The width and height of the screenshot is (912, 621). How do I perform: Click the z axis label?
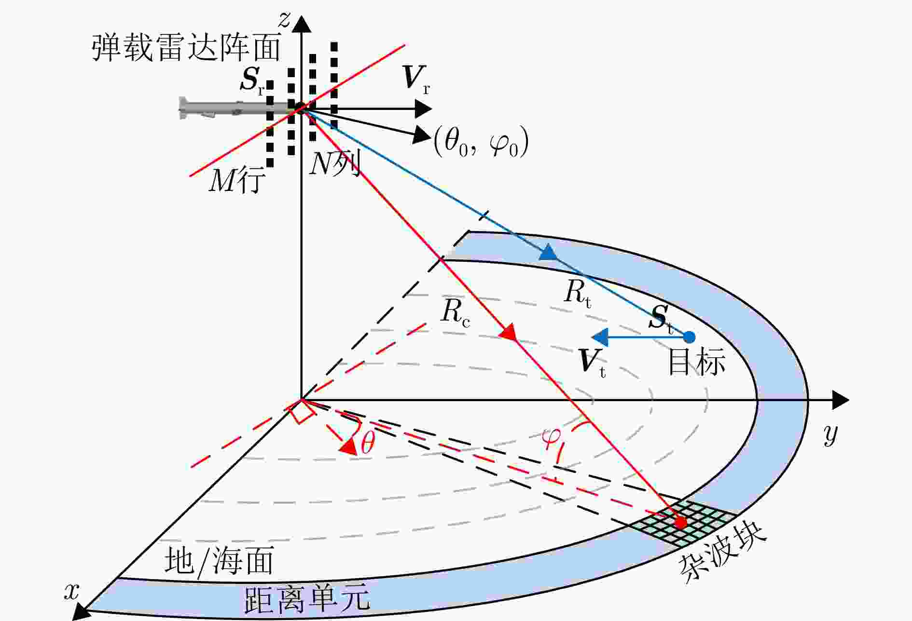(x=286, y=20)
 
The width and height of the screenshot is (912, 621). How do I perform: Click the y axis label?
(x=830, y=435)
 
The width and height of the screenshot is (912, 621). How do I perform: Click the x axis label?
(x=72, y=591)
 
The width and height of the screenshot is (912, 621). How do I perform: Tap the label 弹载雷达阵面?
(x=186, y=47)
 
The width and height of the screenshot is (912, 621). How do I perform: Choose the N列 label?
(x=335, y=164)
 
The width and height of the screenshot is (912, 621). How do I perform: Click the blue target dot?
(x=690, y=337)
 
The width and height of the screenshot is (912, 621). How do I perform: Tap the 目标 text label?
(x=696, y=362)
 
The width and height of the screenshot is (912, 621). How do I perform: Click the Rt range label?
(x=578, y=293)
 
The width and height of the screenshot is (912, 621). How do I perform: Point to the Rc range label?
(x=455, y=314)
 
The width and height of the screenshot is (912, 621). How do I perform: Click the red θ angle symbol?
(x=368, y=443)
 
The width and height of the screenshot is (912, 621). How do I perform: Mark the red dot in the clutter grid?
(x=680, y=522)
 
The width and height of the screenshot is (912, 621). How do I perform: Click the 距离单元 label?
(x=307, y=598)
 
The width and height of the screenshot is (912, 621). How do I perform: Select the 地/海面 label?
(x=220, y=561)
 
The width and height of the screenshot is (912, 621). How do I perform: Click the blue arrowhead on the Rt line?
(x=548, y=253)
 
